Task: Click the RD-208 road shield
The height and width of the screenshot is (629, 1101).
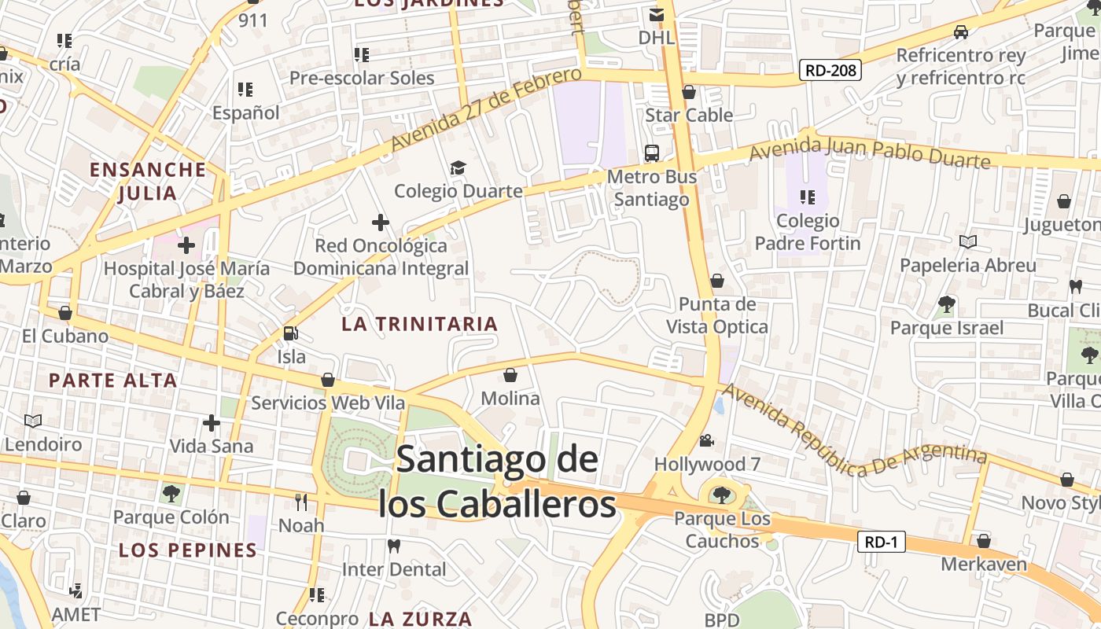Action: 831,70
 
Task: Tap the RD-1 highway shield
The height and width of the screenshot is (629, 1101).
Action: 881,542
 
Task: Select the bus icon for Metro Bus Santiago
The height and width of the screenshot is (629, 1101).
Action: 651,153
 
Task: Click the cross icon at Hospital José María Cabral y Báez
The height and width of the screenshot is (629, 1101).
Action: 186,245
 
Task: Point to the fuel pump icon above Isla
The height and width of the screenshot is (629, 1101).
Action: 290,333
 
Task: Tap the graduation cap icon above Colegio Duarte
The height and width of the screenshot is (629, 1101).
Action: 458,167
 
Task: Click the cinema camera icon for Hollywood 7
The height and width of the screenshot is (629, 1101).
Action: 706,440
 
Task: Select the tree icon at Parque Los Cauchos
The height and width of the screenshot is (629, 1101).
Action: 721,495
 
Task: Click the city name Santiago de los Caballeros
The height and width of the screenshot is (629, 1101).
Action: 497,482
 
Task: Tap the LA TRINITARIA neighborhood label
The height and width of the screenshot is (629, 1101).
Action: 420,324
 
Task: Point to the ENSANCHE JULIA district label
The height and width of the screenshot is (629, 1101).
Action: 148,181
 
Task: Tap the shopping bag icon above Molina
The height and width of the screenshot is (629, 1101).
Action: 510,375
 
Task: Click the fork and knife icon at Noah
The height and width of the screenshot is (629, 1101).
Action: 301,502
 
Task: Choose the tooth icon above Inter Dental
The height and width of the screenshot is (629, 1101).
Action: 394,546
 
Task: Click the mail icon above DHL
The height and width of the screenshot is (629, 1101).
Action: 656,15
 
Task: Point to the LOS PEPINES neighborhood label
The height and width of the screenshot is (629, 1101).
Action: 188,550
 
